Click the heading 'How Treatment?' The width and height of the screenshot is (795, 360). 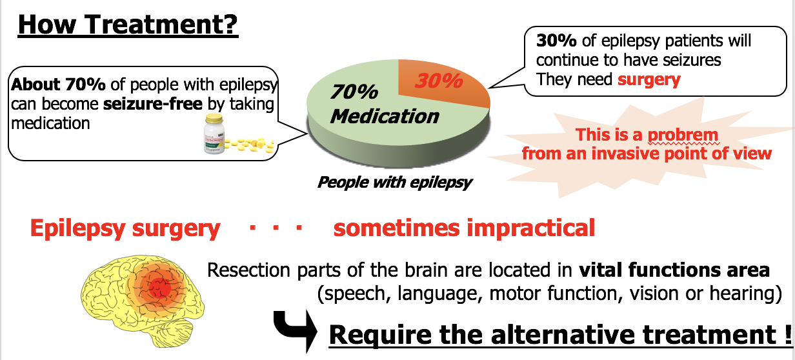pos(128,24)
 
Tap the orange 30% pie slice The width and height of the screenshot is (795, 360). pos(444,83)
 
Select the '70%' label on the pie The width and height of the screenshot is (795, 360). pos(354,92)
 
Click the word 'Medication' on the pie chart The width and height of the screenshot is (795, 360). pos(385,116)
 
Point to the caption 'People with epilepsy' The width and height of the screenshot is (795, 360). pos(395,183)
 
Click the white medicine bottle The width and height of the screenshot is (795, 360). pos(214,134)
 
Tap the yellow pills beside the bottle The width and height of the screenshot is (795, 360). pos(250,145)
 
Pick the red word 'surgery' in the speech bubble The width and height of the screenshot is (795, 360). pos(649,80)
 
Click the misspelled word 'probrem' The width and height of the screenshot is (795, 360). pos(683,135)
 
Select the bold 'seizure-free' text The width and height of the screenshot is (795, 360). pos(153,104)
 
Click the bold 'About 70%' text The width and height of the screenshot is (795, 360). pos(58,85)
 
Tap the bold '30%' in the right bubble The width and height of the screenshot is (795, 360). pos(556,41)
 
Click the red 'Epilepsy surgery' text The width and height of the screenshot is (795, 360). pos(125,228)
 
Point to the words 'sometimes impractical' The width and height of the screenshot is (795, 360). pos(464,228)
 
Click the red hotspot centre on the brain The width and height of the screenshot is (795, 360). pos(159,288)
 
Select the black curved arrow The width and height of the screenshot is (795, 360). pos(294,330)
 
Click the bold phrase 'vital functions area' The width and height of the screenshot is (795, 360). pos(674,270)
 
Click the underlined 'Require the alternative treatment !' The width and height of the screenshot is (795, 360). pos(560,335)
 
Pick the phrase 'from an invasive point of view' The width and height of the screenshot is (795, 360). pos(647,154)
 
